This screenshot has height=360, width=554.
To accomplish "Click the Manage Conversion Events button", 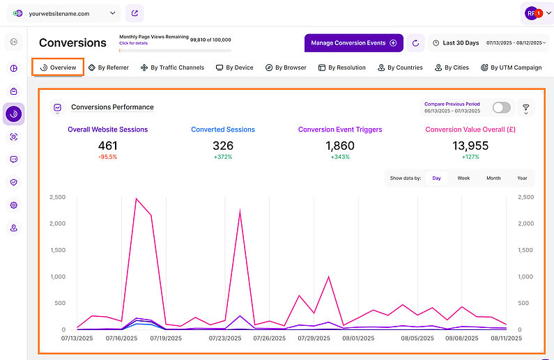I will coord(353,43).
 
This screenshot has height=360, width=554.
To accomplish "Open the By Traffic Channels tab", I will coord(172,68).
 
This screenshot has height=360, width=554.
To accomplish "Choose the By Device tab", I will coord(234,68).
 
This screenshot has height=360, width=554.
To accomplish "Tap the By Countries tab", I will coord(400,68).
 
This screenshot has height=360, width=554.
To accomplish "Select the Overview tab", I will coord(58,68).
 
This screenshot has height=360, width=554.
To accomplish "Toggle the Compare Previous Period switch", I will coord(501,107).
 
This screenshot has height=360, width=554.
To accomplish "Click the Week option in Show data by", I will coord(463,178).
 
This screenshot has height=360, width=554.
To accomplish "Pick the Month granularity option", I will coord(493,178).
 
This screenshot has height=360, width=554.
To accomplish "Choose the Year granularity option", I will coord(522,178).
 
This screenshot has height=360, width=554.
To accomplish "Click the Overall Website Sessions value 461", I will coord(107,146).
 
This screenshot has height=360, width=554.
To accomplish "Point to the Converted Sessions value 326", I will coord(223,146).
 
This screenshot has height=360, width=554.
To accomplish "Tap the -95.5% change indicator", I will coord(107,157).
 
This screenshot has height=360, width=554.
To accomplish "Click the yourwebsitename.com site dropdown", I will coord(64,13).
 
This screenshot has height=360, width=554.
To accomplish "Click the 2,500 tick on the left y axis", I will coord(57,197).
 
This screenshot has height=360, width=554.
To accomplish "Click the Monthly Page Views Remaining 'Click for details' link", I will coord(132,44).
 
